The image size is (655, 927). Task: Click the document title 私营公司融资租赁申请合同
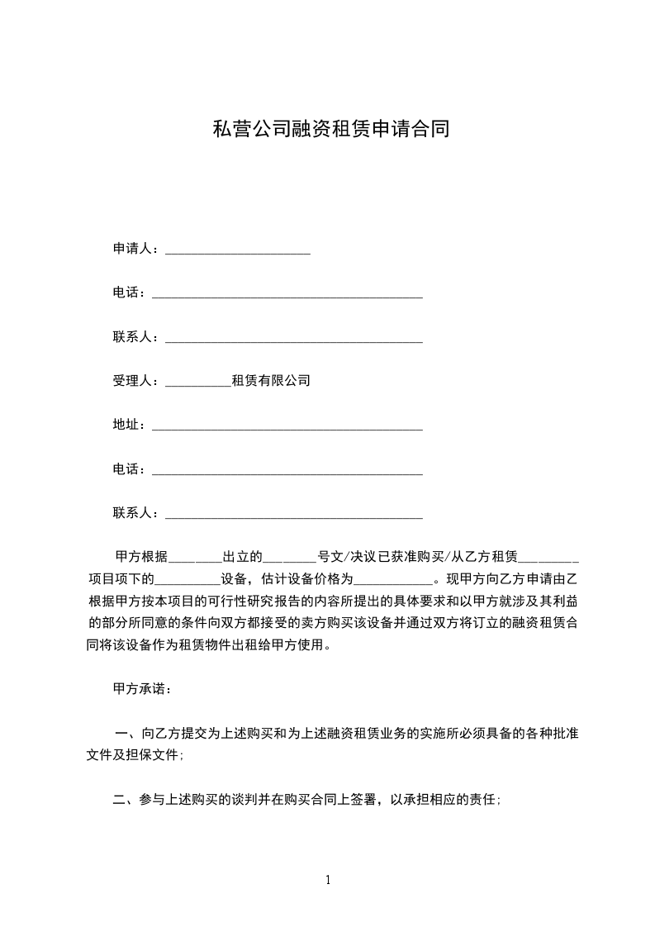point(330,130)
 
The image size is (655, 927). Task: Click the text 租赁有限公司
point(271,381)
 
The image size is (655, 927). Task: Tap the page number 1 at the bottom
point(328,880)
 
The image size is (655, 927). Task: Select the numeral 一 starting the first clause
point(121,733)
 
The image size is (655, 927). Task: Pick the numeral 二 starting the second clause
point(120,800)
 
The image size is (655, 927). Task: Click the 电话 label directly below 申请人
point(127,292)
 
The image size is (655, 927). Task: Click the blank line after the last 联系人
point(294,516)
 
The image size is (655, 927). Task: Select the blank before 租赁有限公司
point(198,383)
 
